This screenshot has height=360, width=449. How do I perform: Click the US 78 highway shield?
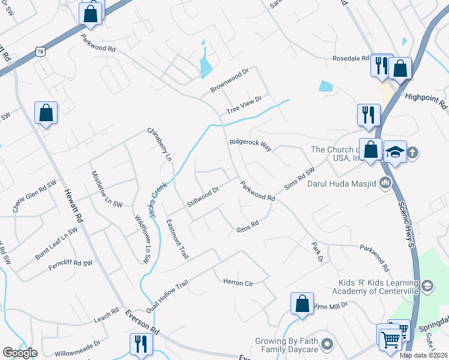[x=40, y=53]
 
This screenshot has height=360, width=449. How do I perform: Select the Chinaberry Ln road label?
[x=159, y=144]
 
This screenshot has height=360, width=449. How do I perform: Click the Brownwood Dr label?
[x=229, y=80]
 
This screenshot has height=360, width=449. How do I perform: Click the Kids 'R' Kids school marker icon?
[x=427, y=284]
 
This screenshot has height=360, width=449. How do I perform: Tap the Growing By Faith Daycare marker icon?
[x=327, y=344]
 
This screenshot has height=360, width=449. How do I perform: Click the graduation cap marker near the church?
[x=396, y=152]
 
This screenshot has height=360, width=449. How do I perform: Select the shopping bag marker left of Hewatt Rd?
[x=46, y=112]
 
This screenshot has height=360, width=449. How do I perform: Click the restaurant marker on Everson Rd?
[x=141, y=344]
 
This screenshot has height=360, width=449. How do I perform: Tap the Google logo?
[x=20, y=353]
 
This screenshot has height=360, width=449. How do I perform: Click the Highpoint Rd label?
[x=426, y=100]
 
